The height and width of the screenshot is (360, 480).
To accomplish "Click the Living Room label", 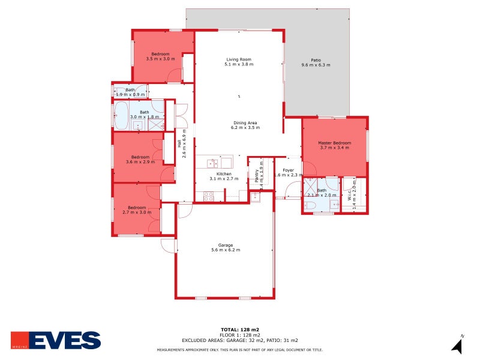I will [x=238, y=59].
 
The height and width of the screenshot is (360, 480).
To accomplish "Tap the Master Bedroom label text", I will [x=335, y=142].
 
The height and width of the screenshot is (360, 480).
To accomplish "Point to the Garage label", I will [x=226, y=245].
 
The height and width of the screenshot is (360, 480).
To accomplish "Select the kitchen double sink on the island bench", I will [x=213, y=163].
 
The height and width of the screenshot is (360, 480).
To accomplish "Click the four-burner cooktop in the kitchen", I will [x=209, y=195].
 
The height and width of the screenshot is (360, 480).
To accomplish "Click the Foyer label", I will [x=289, y=170].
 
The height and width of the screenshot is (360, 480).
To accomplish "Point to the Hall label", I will [x=179, y=144].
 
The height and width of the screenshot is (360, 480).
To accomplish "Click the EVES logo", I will [x=56, y=340].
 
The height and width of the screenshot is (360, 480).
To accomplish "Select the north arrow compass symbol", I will [x=457, y=345].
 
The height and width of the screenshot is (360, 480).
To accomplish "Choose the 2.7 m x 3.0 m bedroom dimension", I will [x=137, y=212].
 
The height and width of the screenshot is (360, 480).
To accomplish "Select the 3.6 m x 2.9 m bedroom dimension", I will [x=140, y=161].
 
